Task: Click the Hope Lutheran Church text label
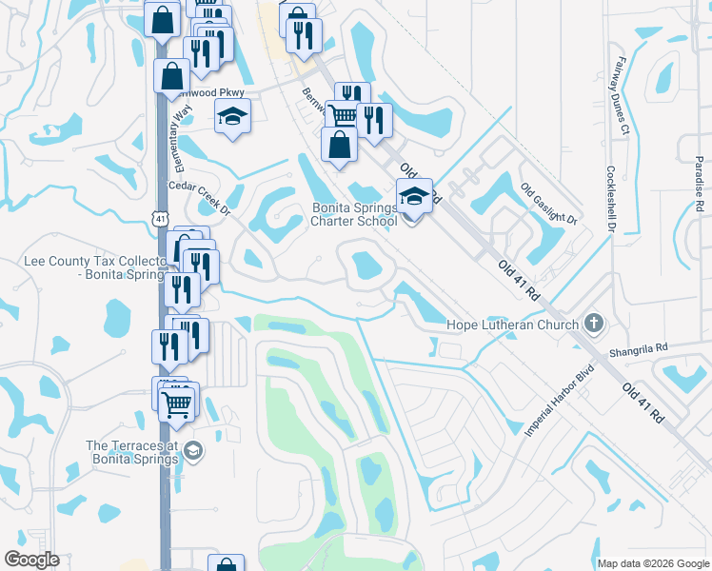coord(512,325)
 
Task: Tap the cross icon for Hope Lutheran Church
coord(594,325)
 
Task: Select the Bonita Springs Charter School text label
coord(354,215)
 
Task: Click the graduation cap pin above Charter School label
coord(414,196)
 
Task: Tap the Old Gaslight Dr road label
coord(548,204)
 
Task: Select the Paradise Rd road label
coord(698,185)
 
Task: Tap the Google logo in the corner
coord(32,560)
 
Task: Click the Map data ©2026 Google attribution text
coord(653,563)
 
